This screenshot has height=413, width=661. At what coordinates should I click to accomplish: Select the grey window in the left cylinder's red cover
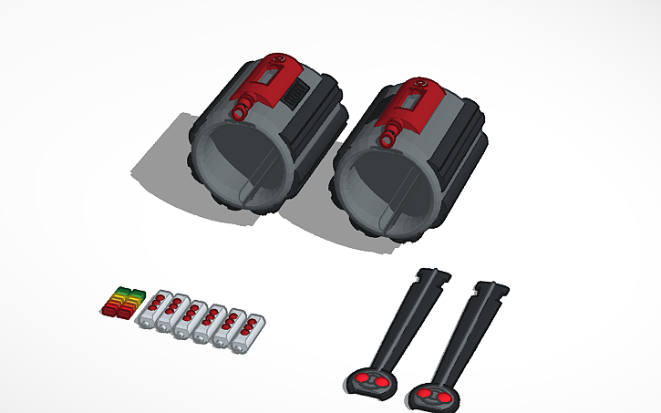coord(266,81)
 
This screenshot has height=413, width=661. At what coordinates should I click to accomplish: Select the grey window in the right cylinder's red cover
coord(411,102)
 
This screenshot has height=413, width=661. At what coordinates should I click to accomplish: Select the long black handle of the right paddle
coord(466,337)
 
